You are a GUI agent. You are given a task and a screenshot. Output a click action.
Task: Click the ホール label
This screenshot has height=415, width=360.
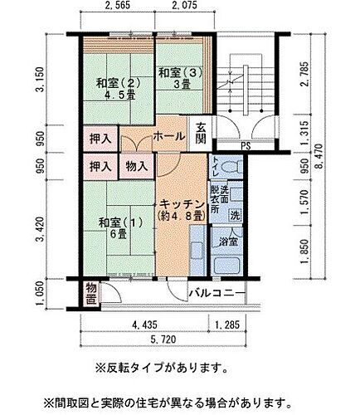tap(170, 134)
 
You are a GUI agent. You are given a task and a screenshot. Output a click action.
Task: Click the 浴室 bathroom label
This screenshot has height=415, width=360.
tap(229, 242)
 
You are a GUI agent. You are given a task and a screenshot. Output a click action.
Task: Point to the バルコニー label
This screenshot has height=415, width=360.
tap(215, 294)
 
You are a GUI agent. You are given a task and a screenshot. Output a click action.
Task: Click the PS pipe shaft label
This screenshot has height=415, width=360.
tap(245, 148)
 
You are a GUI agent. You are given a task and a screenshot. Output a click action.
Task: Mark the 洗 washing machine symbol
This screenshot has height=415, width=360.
tap(235, 215)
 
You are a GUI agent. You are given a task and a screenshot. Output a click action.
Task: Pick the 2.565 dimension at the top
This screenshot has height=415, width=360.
tap(121, 8)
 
